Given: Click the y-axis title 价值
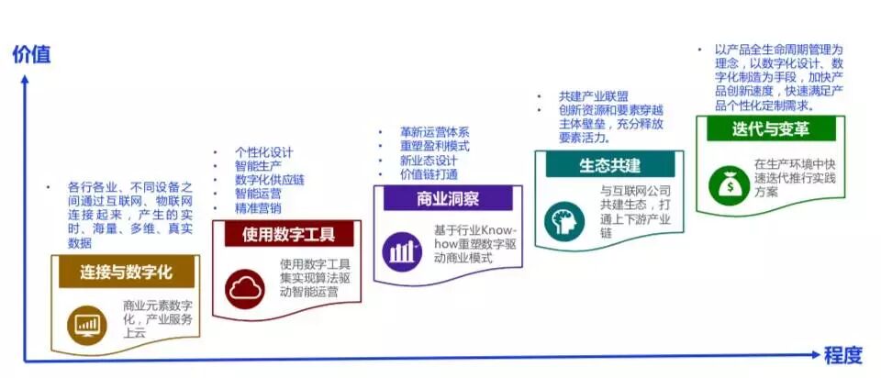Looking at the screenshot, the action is (x=31, y=54).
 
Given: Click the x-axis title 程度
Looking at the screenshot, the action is (x=842, y=355).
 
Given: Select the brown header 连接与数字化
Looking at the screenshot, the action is (x=127, y=272).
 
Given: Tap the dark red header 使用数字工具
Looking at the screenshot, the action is (x=288, y=234).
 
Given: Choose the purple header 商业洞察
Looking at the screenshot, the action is (x=448, y=198).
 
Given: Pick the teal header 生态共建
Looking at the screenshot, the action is (x=609, y=164).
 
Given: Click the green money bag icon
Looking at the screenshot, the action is (x=725, y=183).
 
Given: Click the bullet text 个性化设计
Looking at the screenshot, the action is (x=264, y=152).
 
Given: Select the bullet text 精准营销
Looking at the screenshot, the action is (x=258, y=208).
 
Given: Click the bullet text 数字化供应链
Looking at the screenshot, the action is (x=271, y=180).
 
